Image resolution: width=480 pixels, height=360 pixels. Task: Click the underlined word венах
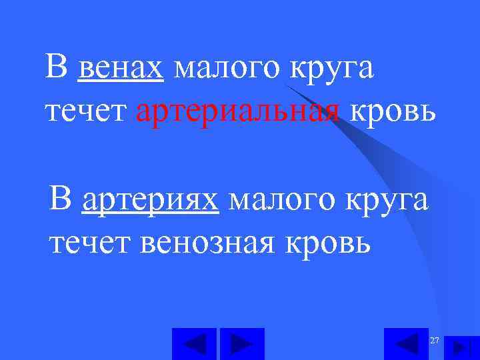pos(121,69)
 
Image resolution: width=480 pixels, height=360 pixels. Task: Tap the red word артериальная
pos(237,111)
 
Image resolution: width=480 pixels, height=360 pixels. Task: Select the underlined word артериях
pos(150,199)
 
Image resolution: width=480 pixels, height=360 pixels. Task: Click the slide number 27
pos(435,341)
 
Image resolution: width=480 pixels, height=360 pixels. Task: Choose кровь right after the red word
pos(393,111)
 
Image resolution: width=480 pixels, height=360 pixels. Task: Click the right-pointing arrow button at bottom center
pos(242,344)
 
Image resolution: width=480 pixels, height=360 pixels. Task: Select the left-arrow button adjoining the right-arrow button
pos(194,344)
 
